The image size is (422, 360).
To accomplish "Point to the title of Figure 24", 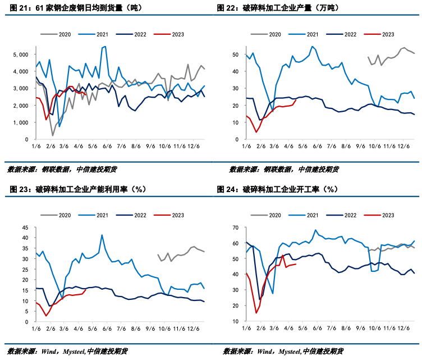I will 281,189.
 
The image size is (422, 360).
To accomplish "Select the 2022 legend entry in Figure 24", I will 345,215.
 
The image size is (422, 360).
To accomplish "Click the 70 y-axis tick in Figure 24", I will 236,227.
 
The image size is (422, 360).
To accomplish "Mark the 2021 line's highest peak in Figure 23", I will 102,235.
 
